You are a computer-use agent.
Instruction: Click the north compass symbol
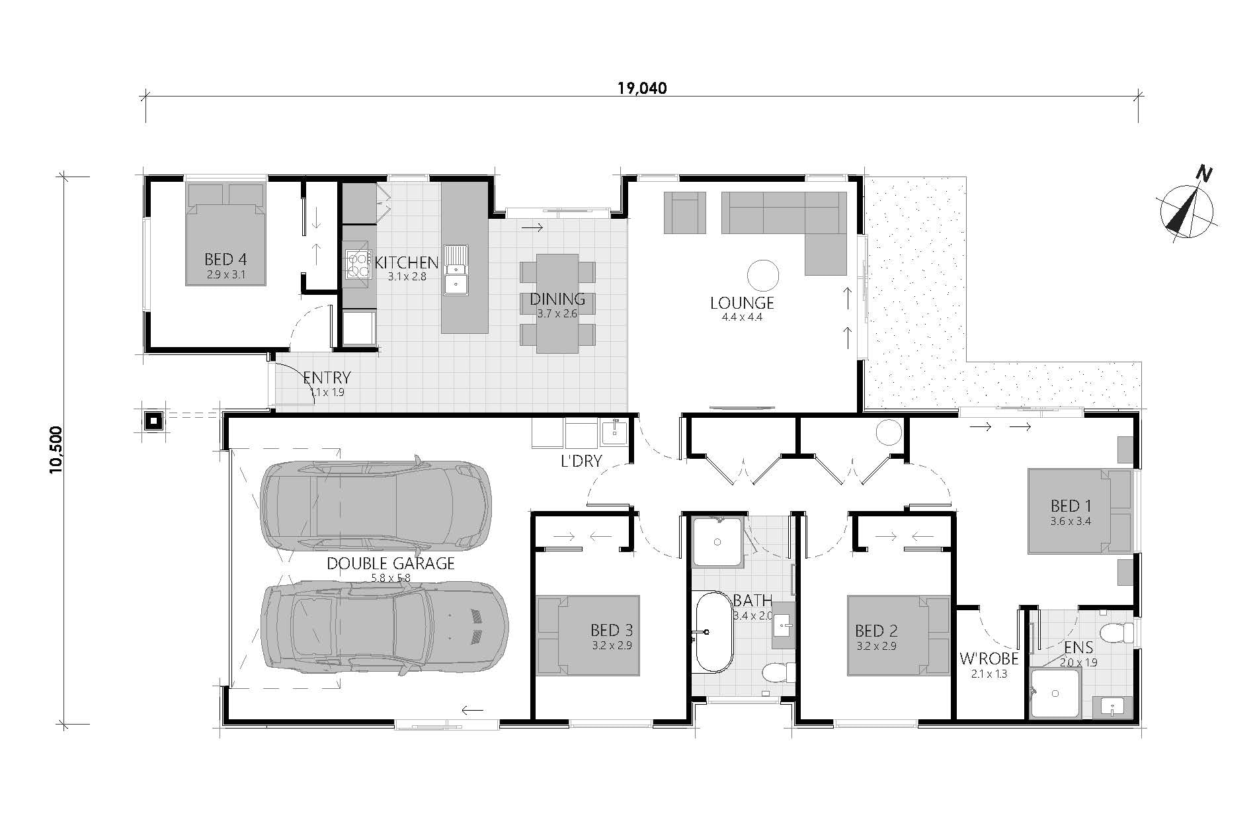pos(1187,212)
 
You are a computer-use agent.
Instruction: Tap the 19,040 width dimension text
pos(642,88)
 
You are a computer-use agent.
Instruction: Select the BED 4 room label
pos(225,259)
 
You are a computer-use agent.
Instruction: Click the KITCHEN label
pos(407,262)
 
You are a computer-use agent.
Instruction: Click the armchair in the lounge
pos(685,212)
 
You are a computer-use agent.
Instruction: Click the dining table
pos(557,303)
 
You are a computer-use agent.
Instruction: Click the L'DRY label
pos(581,461)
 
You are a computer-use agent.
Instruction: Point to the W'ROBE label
pos(989,659)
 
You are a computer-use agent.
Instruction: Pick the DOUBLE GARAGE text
pos(391,563)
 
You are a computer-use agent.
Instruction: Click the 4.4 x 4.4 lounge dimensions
pos(742,317)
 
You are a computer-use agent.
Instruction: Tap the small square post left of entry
pos(154,420)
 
